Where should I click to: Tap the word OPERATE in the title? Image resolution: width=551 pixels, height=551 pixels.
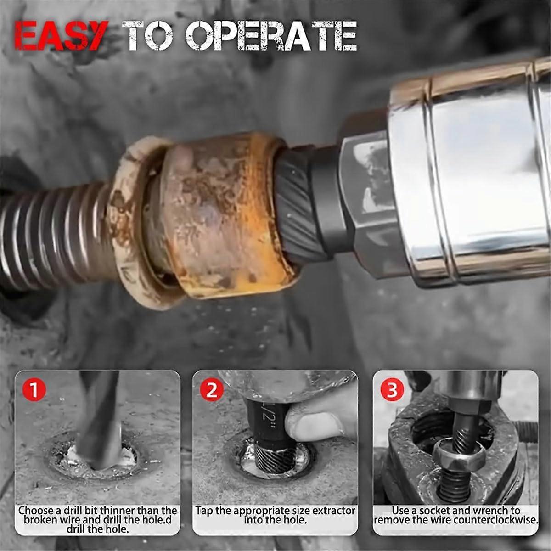[271, 36]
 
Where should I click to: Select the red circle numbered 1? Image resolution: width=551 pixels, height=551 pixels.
[34, 391]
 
